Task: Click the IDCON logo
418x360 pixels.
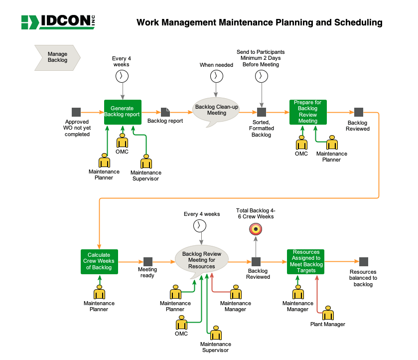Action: click(x=58, y=22)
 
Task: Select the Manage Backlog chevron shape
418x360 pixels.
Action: click(x=57, y=58)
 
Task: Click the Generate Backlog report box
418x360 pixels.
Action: click(x=123, y=112)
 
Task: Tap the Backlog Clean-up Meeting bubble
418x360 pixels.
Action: click(x=216, y=111)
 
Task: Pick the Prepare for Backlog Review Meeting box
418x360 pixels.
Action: click(x=308, y=112)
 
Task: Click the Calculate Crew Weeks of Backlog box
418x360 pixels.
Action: click(x=99, y=262)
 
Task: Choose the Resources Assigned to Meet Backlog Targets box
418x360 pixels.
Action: click(x=305, y=262)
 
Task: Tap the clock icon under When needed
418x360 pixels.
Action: click(x=216, y=76)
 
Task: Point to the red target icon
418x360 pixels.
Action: click(x=256, y=229)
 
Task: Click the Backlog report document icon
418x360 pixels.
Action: click(x=165, y=112)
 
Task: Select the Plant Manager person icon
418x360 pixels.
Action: click(x=328, y=313)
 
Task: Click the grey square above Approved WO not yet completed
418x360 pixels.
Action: click(x=76, y=112)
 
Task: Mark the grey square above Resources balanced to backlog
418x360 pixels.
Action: click(x=364, y=262)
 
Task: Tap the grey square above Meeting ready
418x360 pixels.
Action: click(x=148, y=262)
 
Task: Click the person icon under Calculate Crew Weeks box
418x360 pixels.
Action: click(x=99, y=292)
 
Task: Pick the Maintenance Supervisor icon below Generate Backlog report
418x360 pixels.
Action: click(x=146, y=162)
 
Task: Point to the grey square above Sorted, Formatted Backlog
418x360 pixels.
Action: click(x=262, y=112)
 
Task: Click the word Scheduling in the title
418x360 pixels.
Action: click(x=358, y=22)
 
